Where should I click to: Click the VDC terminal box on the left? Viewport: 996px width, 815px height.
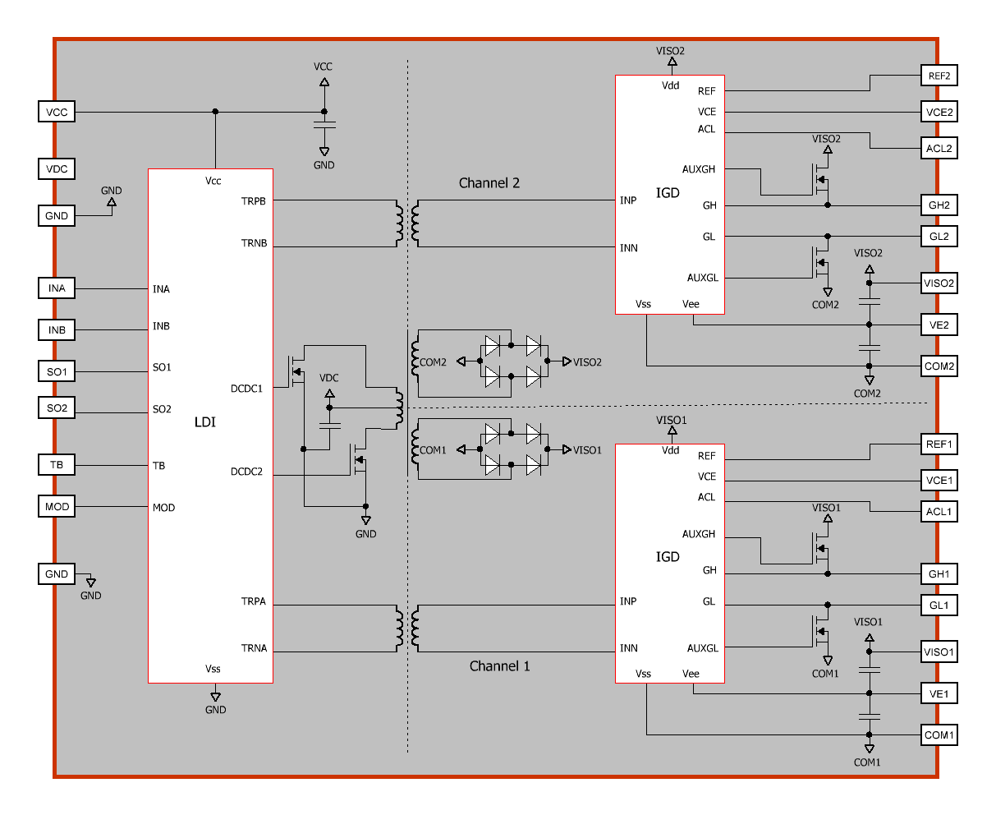(x=56, y=168)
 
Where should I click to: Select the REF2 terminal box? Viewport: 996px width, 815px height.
(x=939, y=76)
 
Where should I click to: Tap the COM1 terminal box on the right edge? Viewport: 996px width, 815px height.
(x=939, y=734)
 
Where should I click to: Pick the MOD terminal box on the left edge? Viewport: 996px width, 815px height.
(x=56, y=506)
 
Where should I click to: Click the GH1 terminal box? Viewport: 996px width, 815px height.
(x=939, y=573)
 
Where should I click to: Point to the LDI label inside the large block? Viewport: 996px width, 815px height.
(x=205, y=422)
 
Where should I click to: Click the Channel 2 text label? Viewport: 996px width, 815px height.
(x=489, y=183)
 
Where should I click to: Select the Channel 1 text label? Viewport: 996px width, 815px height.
(x=499, y=665)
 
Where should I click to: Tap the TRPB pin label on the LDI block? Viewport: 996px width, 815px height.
(x=253, y=201)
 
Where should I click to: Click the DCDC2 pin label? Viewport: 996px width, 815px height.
(x=246, y=472)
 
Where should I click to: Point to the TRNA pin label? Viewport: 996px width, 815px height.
(x=254, y=647)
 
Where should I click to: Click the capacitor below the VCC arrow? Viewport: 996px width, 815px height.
(x=324, y=125)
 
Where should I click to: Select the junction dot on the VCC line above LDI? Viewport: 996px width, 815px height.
(x=215, y=112)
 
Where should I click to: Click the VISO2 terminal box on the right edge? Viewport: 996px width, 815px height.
(x=939, y=283)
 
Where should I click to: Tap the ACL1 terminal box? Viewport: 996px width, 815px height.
(x=939, y=511)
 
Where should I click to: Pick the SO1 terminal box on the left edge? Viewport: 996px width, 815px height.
(x=56, y=371)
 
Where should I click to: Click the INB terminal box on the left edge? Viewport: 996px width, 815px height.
(x=56, y=329)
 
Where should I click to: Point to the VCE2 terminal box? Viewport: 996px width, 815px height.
(x=939, y=112)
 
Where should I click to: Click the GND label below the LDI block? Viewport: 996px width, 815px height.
(x=215, y=710)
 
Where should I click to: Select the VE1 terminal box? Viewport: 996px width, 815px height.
(x=939, y=693)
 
